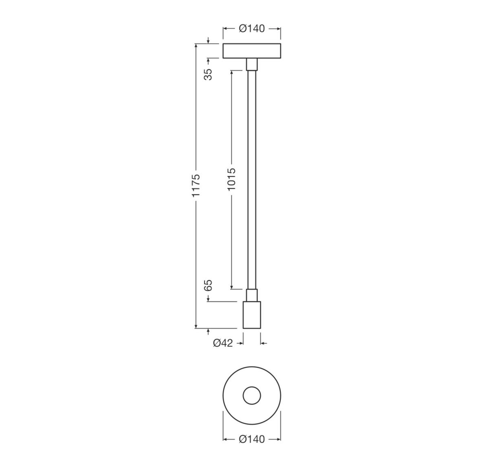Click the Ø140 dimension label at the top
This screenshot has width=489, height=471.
[x=251, y=29]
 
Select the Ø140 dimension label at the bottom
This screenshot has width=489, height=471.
[x=251, y=439]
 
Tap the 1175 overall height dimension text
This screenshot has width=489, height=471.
[x=196, y=186]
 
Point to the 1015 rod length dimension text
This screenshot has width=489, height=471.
[x=231, y=179]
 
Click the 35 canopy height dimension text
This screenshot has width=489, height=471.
[x=208, y=74]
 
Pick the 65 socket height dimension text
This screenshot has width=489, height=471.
[x=208, y=285]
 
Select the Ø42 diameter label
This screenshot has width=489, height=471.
[x=222, y=343]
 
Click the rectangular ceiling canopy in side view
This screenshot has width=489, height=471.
[x=251, y=51]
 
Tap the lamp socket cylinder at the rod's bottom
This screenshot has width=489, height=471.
[x=251, y=315]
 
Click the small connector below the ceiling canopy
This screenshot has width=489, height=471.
[x=252, y=64]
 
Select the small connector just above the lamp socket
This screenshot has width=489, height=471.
[x=252, y=295]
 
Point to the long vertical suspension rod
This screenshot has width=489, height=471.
[x=252, y=179]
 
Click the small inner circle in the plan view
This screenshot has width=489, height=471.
[x=251, y=396]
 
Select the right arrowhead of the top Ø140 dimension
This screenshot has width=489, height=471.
[x=278, y=29]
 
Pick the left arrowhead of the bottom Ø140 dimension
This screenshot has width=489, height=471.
[x=225, y=439]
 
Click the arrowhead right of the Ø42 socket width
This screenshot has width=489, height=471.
[x=263, y=343]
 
